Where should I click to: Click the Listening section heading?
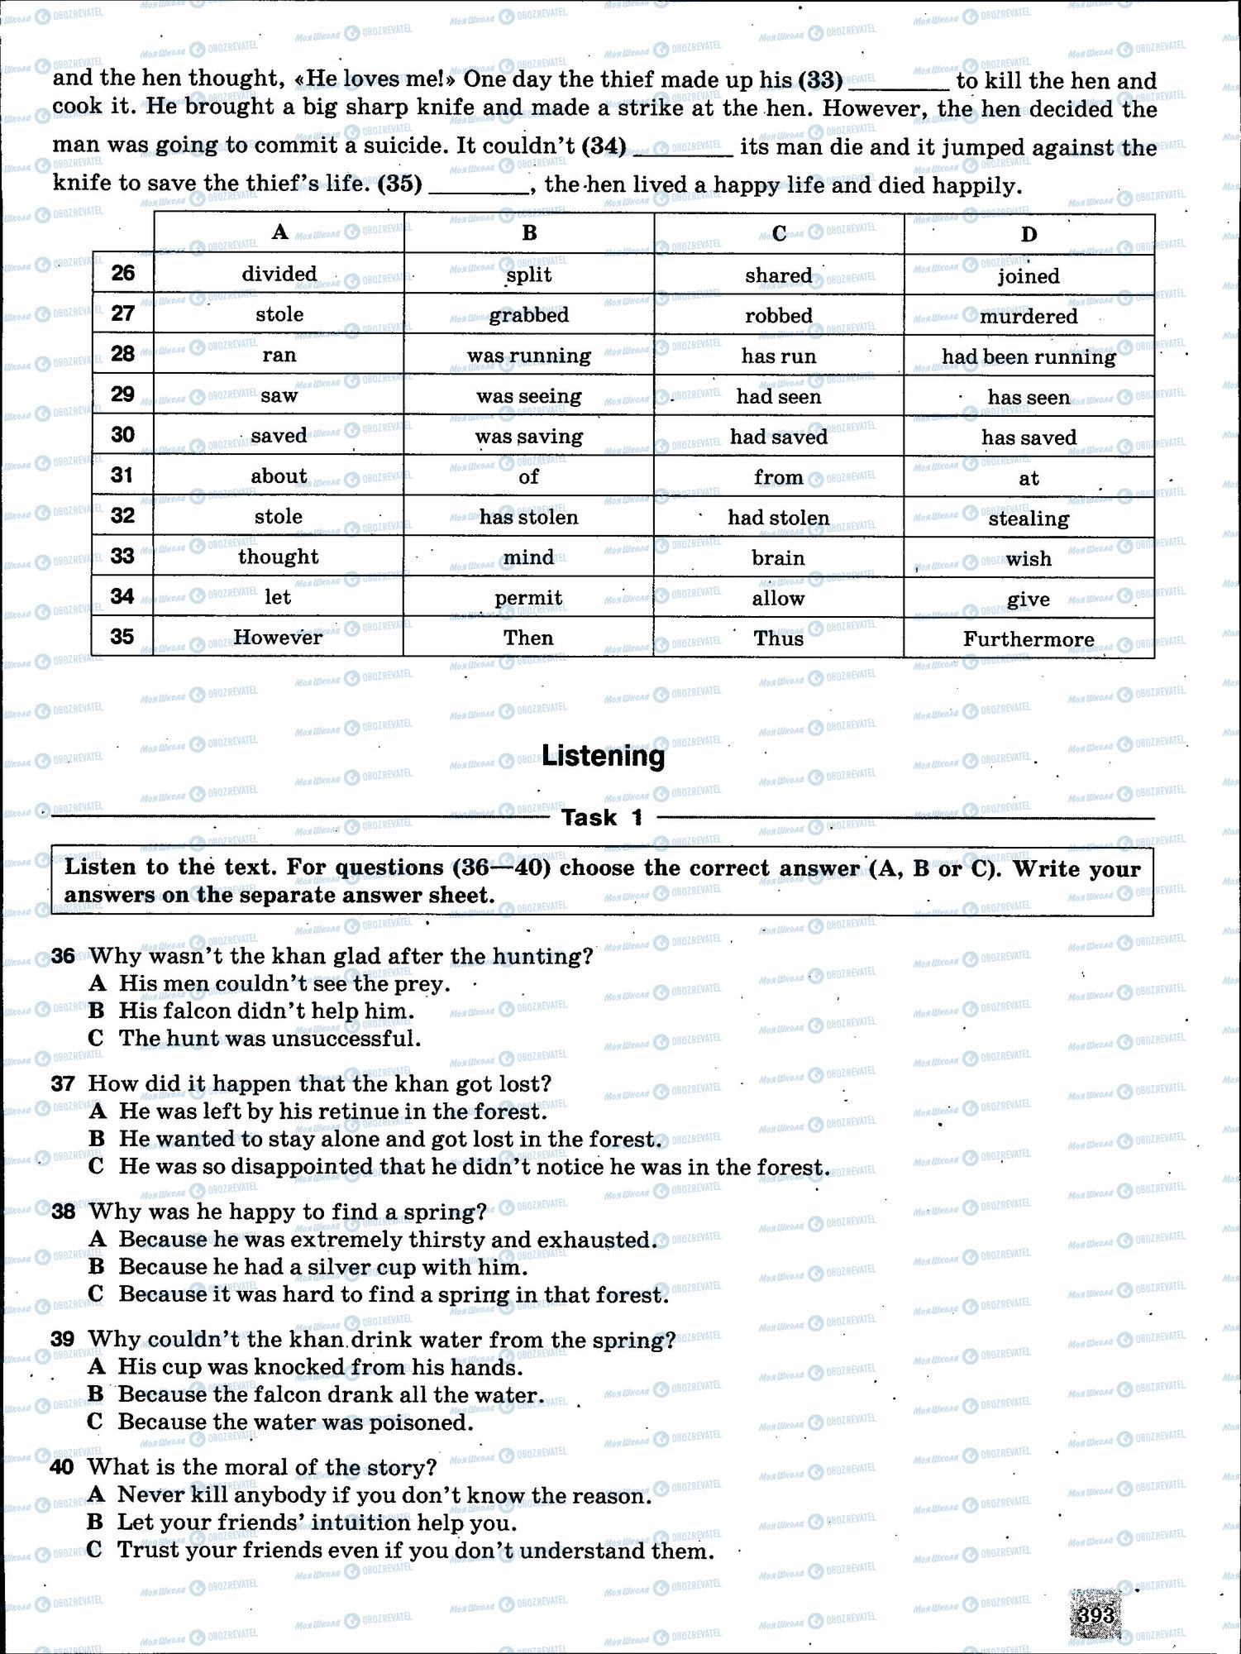click(603, 757)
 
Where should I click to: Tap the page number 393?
click(1096, 1614)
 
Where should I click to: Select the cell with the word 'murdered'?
click(1029, 316)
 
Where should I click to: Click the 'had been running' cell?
click(1029, 356)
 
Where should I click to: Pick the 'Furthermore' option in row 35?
click(1029, 639)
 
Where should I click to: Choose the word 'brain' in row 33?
click(778, 558)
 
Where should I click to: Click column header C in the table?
click(779, 234)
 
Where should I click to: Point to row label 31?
click(122, 476)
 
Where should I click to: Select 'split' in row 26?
click(529, 275)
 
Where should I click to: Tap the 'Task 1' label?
click(602, 818)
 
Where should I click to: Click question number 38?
click(63, 1212)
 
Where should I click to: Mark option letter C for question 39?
click(96, 1422)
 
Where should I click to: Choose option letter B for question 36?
click(97, 1011)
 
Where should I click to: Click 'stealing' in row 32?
click(1029, 519)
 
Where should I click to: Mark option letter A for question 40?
click(96, 1494)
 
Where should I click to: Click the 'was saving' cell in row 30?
click(529, 437)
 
